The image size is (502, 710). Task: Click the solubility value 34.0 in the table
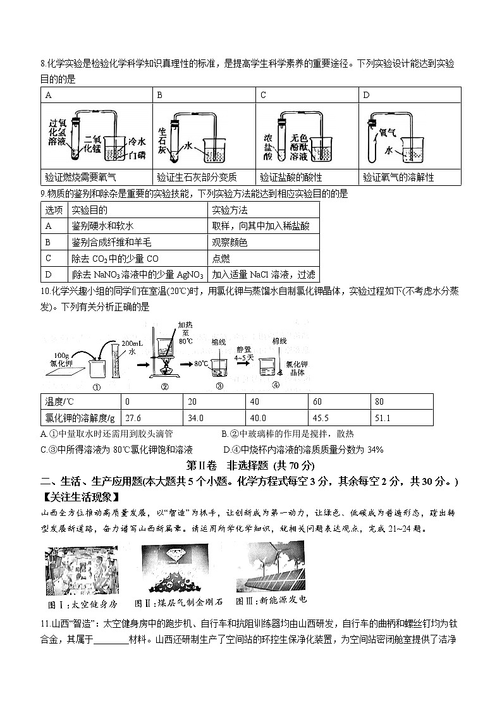pos(196,418)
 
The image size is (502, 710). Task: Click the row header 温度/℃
pos(62,401)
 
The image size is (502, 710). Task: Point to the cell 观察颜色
pos(229,242)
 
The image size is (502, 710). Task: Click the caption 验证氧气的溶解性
pos(399,177)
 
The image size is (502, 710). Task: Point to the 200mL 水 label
pos(130,346)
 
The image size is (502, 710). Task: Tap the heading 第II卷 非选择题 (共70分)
pos(250,465)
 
